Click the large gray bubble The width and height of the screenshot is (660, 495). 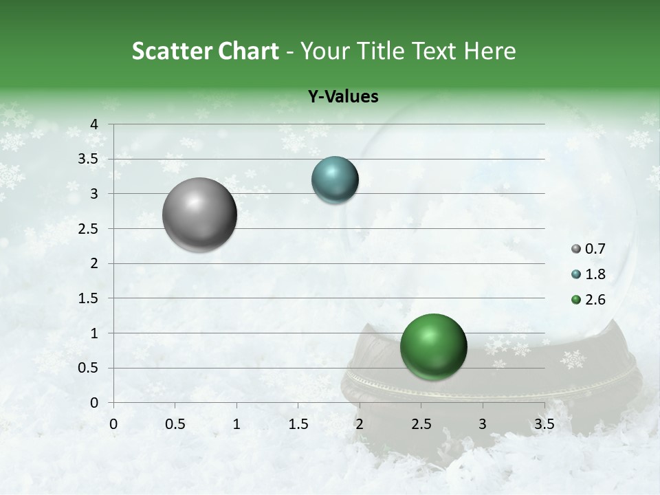click(x=200, y=214)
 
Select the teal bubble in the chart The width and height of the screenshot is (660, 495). click(x=335, y=180)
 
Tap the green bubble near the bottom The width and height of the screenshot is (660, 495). click(x=433, y=346)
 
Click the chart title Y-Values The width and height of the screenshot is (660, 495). click(x=343, y=97)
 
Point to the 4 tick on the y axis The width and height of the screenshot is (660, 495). click(x=94, y=124)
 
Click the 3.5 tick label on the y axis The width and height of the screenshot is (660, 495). click(x=89, y=159)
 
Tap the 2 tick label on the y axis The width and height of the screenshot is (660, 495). click(x=94, y=263)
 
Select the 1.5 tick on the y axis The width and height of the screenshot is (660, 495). click(x=89, y=298)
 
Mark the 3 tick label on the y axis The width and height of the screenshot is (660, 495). click(x=94, y=194)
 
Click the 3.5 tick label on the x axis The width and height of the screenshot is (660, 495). click(x=544, y=424)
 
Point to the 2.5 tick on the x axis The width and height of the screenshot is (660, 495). click(x=421, y=424)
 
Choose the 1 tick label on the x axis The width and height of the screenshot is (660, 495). click(x=236, y=424)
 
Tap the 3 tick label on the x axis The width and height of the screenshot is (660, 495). click(x=483, y=424)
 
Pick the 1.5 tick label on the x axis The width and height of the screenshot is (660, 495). click(x=298, y=424)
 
